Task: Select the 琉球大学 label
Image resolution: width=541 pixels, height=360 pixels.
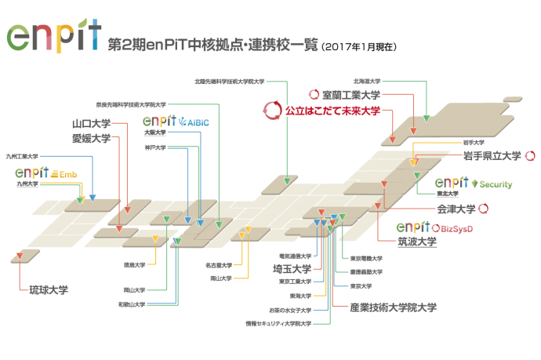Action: [49, 289]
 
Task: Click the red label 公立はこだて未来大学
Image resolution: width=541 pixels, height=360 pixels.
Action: [332, 111]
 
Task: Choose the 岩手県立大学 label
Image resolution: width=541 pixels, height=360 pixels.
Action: [492, 156]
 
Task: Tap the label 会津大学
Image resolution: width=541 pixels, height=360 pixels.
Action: [456, 209]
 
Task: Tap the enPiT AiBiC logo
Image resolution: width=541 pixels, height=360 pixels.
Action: [176, 122]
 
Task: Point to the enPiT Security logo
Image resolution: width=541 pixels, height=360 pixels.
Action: [474, 184]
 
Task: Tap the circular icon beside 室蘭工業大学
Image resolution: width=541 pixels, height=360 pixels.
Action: [314, 95]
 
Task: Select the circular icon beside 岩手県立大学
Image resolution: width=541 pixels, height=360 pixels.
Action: [528, 156]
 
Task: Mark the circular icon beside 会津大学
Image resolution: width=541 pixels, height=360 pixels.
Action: [485, 209]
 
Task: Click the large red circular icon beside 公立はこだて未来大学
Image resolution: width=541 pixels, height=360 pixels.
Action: [272, 111]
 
